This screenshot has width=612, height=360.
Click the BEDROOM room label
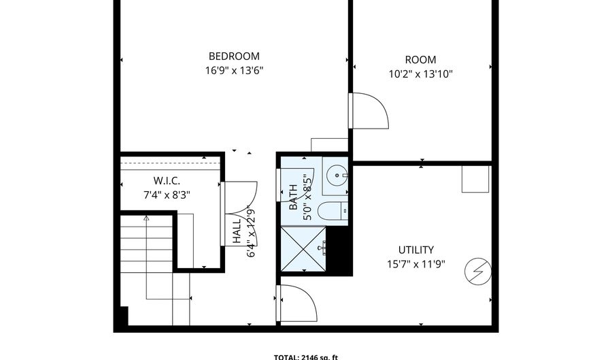[x=233, y=56]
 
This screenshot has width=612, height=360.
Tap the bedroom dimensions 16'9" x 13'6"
[x=233, y=70]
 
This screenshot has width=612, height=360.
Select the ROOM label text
[x=420, y=60]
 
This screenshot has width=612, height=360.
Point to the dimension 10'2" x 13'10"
[x=420, y=73]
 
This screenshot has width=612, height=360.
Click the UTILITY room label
[x=415, y=250]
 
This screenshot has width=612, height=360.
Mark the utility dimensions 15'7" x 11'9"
[x=415, y=263]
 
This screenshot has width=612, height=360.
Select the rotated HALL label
[x=237, y=231]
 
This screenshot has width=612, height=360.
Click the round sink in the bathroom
[x=335, y=175]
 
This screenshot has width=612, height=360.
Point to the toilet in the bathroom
[x=333, y=212]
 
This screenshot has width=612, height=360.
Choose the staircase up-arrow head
[x=146, y=218]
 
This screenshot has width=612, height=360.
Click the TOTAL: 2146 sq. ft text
[x=305, y=356]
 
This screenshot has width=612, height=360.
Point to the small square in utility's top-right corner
[x=475, y=179]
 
